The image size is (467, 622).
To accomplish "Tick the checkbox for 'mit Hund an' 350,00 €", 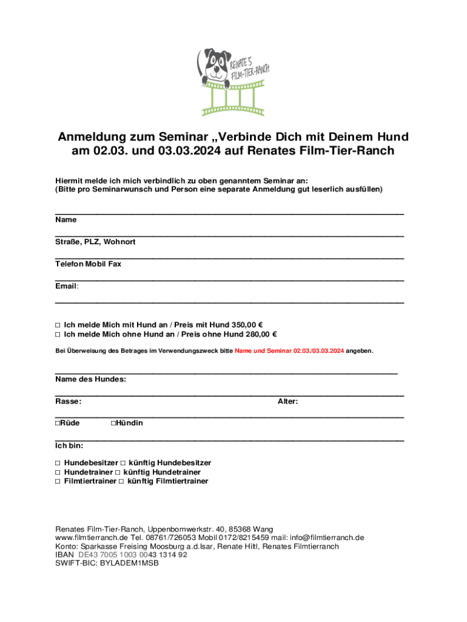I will pyautogui.click(x=58, y=324).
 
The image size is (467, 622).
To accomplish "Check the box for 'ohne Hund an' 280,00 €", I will pyautogui.click(x=58, y=334).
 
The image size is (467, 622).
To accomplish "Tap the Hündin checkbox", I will pyautogui.click(x=113, y=423).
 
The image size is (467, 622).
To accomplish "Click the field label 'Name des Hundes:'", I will pyautogui.click(x=90, y=379).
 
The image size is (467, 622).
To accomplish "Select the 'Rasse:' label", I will pyautogui.click(x=68, y=401).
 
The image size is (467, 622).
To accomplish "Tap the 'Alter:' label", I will pyautogui.click(x=287, y=401).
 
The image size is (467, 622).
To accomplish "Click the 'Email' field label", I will pyautogui.click(x=66, y=285).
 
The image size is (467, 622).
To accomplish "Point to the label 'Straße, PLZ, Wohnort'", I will pyautogui.click(x=95, y=242).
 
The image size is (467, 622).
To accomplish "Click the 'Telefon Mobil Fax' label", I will pyautogui.click(x=88, y=264).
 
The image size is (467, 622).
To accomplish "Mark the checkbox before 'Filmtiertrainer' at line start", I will pyautogui.click(x=58, y=481).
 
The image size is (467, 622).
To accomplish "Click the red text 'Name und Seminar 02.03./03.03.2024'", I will pyautogui.click(x=289, y=351).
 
